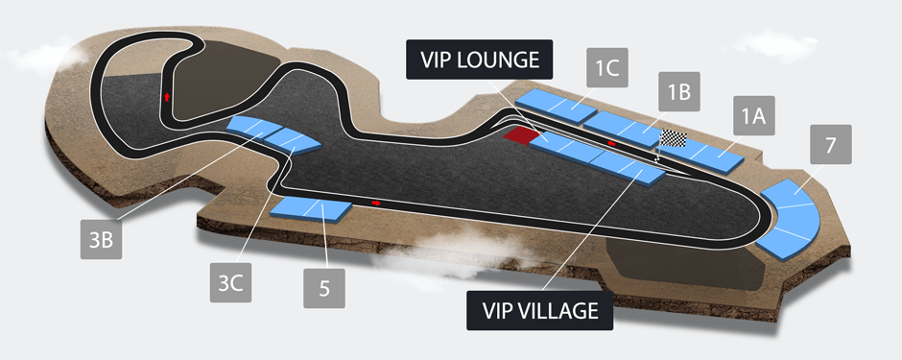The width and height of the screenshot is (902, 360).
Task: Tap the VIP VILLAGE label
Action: [539, 310]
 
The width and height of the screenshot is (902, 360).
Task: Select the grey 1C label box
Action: [605, 69]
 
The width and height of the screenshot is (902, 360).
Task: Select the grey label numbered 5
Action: [327, 287]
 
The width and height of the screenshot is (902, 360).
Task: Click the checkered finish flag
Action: [674, 139]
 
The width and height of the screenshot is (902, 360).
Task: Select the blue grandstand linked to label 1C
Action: [556, 102]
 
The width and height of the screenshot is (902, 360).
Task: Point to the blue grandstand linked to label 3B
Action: [253, 127]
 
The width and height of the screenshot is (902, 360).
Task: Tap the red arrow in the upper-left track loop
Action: [167, 97]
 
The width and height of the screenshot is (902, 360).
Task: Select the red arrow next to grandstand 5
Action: [375, 204]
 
